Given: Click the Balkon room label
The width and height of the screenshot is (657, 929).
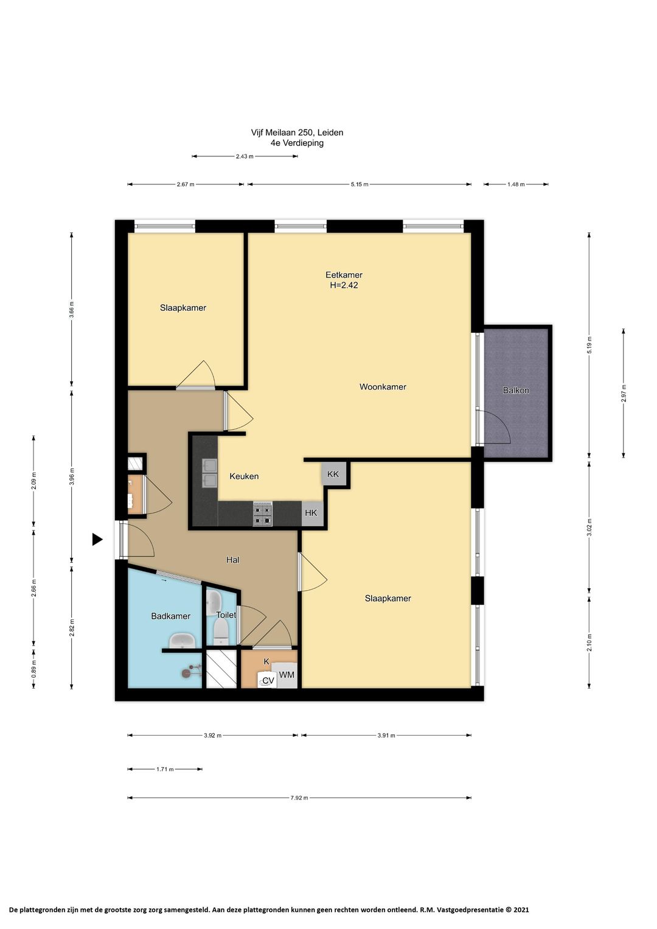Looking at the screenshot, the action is (x=516, y=390).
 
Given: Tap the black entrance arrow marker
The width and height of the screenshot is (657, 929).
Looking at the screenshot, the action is (x=97, y=539).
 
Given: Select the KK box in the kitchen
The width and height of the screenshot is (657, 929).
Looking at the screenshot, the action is (x=333, y=473).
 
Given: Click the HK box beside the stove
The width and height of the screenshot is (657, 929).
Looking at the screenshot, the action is (x=311, y=513).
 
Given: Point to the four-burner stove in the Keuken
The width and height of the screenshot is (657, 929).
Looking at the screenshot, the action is (x=263, y=514).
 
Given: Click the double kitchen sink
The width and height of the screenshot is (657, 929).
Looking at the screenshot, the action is (x=210, y=473).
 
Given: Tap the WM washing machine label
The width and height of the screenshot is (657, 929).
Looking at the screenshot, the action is (x=287, y=675).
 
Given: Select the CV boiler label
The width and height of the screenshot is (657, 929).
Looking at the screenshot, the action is (x=268, y=681).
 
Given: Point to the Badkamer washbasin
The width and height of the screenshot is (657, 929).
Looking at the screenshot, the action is (x=182, y=641).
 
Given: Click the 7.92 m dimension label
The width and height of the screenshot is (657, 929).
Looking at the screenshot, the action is (x=299, y=798).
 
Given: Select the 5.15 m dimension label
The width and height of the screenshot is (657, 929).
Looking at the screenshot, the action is (x=359, y=184).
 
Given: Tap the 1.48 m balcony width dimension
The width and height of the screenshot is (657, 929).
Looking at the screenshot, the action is (x=516, y=184).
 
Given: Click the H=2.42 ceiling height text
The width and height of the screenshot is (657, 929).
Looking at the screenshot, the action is (x=344, y=285).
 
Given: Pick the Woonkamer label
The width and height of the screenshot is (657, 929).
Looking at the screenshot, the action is (x=383, y=387).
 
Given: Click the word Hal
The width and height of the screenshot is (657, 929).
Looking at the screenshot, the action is (x=232, y=560).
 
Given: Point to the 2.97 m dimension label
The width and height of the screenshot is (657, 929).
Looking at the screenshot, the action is (x=624, y=393).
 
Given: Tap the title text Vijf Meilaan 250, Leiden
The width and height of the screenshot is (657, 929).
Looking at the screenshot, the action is (x=297, y=133).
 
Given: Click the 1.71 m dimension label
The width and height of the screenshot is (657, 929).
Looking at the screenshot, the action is (x=165, y=770).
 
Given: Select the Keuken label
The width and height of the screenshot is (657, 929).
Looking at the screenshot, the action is (x=244, y=476).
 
